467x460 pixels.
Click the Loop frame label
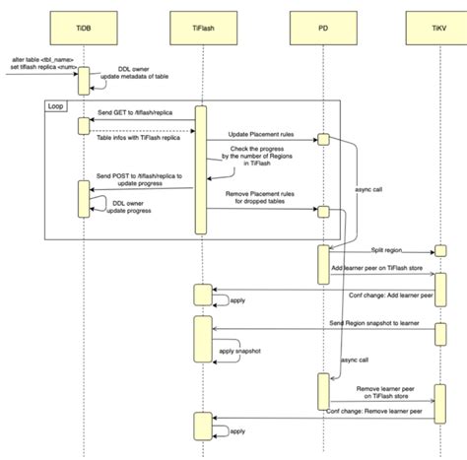point(56,103)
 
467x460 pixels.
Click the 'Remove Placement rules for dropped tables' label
point(259,201)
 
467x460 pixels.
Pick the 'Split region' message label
point(385,250)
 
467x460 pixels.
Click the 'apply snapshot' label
point(238,351)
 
